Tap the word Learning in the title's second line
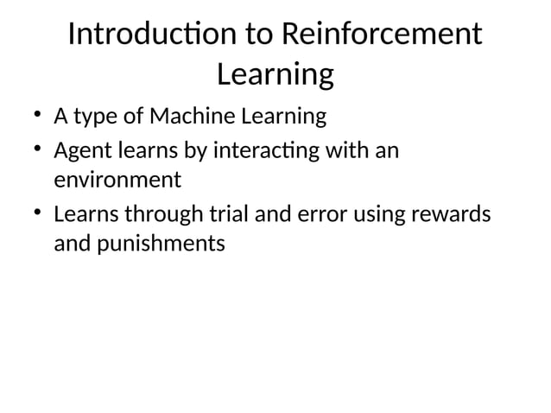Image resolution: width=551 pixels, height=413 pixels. point(275,75)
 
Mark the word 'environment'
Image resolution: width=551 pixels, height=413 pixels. point(117,181)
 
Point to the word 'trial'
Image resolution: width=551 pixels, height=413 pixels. point(223,213)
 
